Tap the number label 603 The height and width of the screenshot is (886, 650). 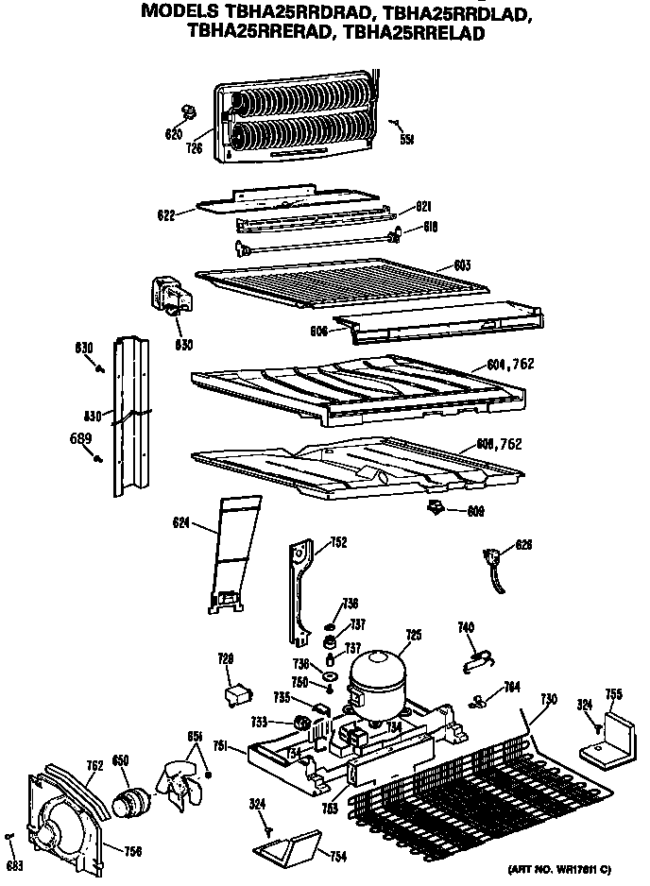click(x=461, y=265)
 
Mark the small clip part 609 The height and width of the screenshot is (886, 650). click(x=436, y=510)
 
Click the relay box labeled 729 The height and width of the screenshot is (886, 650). click(x=236, y=694)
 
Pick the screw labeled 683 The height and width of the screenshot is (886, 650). click(x=9, y=837)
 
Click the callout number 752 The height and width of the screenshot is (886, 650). click(x=338, y=542)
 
